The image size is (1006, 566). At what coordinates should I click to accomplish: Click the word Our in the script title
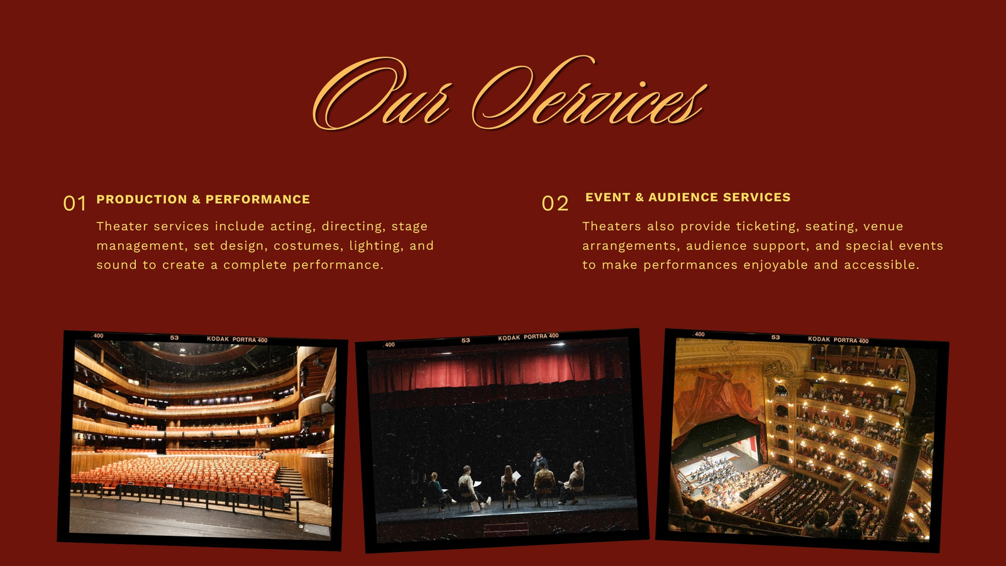[x=382, y=94]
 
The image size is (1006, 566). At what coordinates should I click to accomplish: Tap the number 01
[x=74, y=204]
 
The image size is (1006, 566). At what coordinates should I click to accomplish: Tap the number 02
[x=555, y=204]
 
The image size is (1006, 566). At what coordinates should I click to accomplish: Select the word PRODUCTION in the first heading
[x=141, y=199]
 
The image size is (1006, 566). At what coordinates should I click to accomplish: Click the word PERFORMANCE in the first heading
[x=257, y=199]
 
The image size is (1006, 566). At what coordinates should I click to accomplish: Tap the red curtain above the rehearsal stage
[x=497, y=369]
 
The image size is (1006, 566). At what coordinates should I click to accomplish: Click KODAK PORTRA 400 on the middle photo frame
[x=528, y=337]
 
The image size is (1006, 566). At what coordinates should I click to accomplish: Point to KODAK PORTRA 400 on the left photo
[x=237, y=340]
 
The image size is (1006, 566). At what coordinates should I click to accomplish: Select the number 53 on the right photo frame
[x=776, y=337]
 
